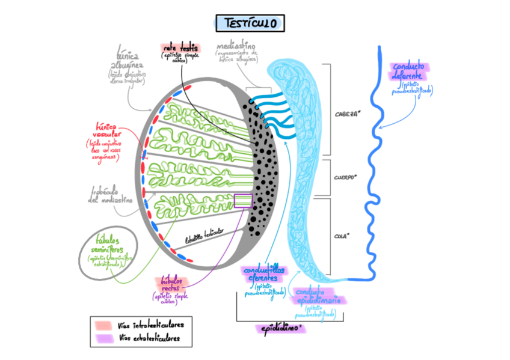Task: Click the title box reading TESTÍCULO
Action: pyautogui.click(x=250, y=23)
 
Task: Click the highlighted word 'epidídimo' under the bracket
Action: pyautogui.click(x=280, y=329)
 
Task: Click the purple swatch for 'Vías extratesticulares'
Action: pyautogui.click(x=102, y=339)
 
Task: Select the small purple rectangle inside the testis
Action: pyautogui.click(x=244, y=201)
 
